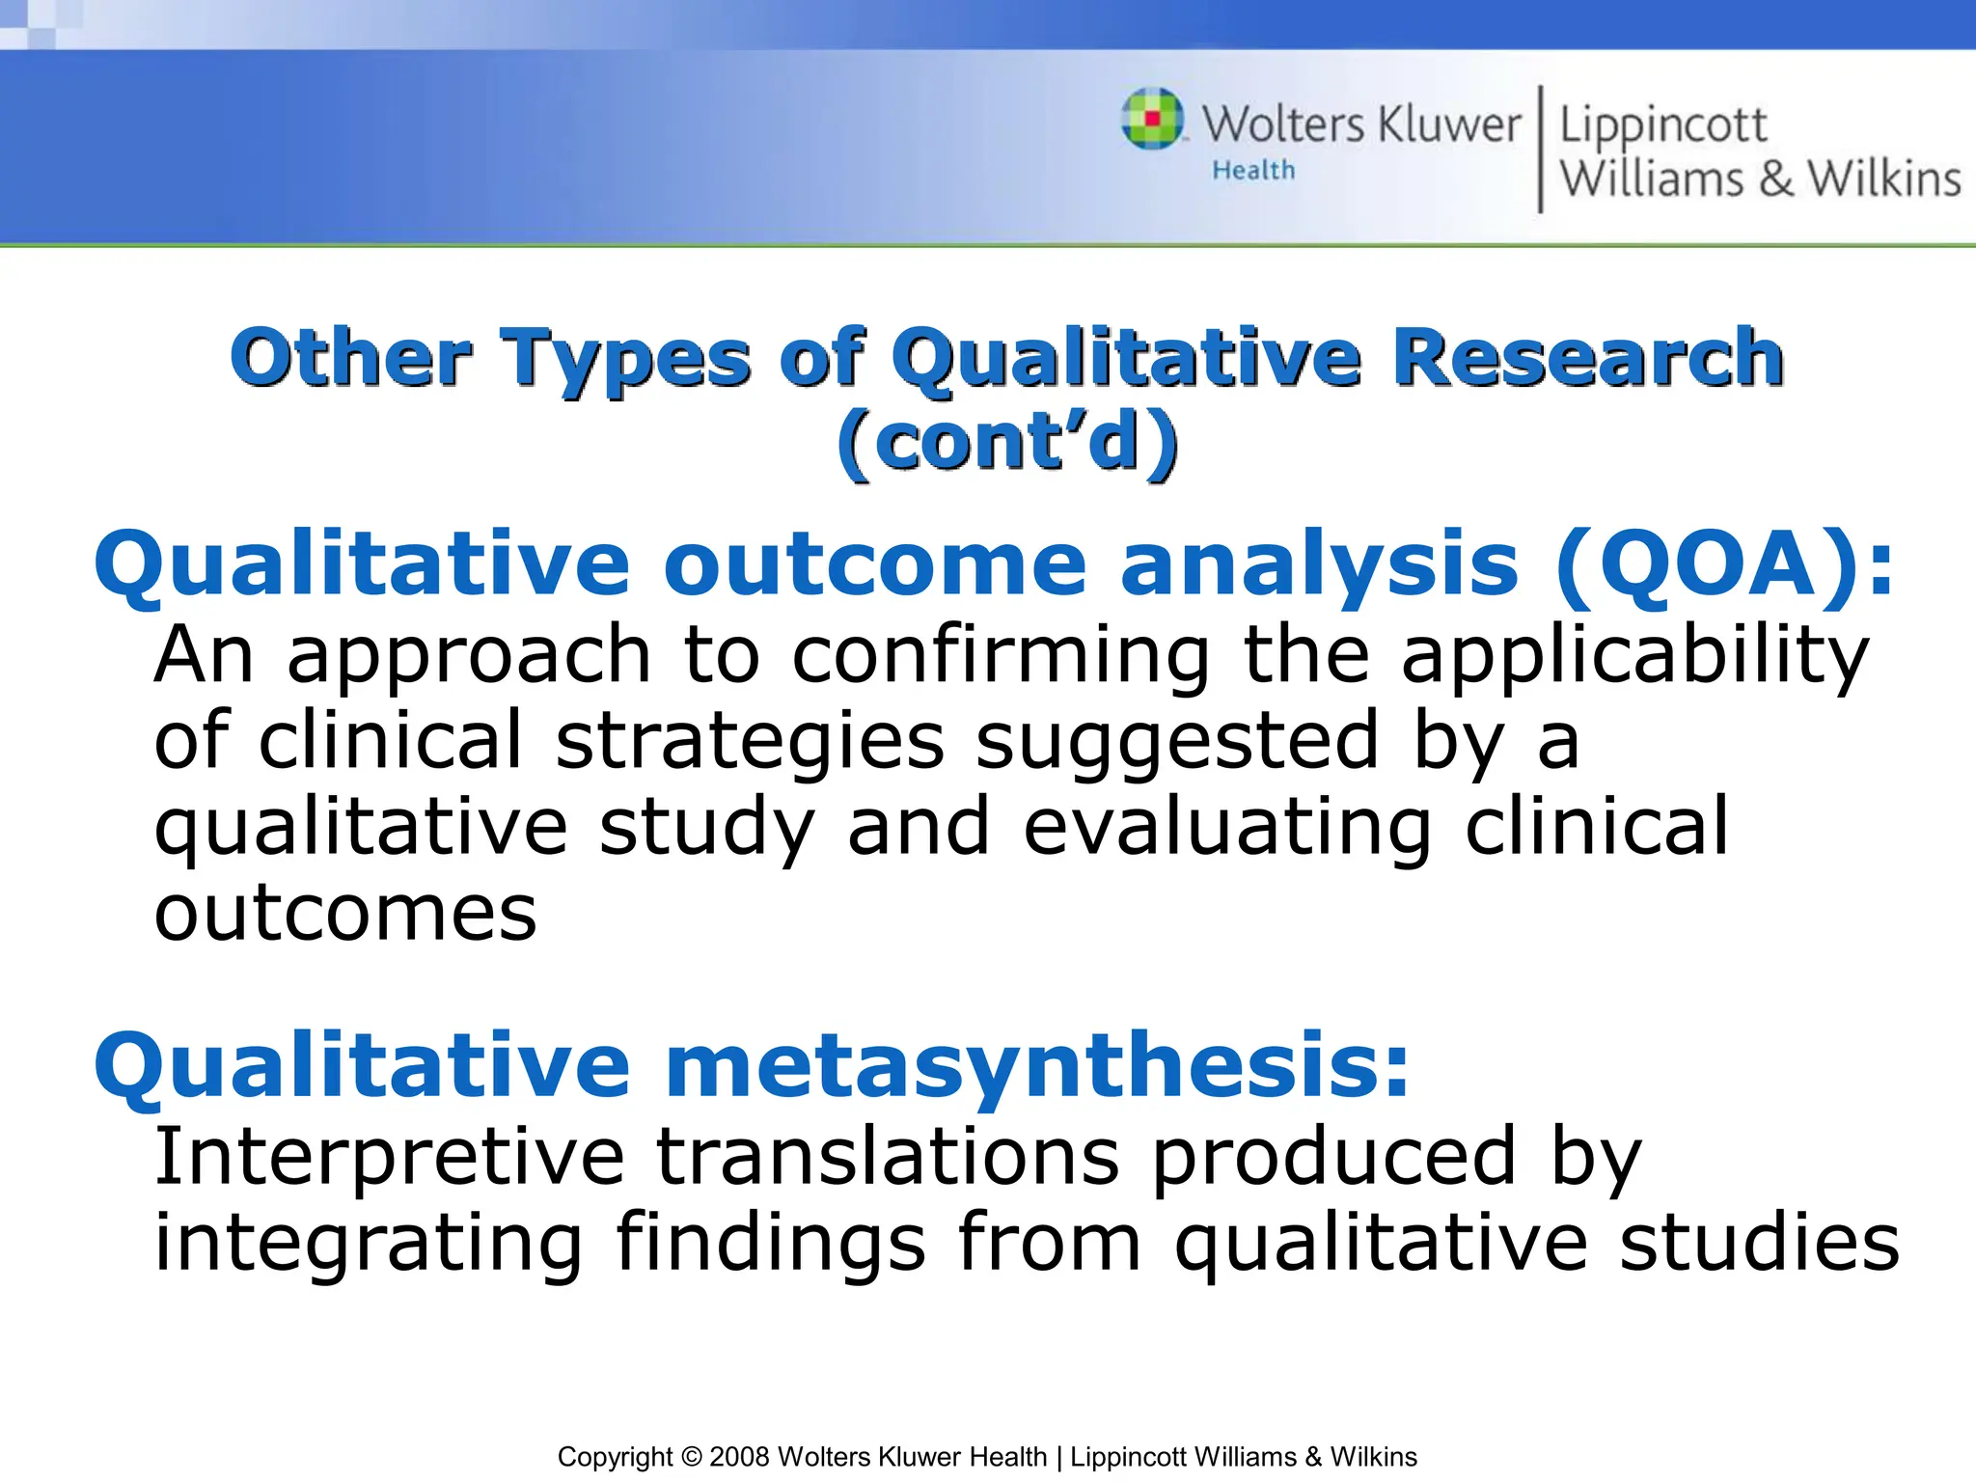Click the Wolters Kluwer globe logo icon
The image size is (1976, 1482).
tap(1152, 119)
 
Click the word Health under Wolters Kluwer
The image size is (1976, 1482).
tap(1253, 171)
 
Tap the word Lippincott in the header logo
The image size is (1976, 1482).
tap(1662, 125)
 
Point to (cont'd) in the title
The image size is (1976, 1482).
tap(1007, 442)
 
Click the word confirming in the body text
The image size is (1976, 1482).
tap(1001, 655)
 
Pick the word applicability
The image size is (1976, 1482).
tap(1635, 655)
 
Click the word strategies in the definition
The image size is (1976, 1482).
tap(750, 740)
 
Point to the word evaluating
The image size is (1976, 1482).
tap(1226, 827)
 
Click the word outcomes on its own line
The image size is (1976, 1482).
tap(345, 913)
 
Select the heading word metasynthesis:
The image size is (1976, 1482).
tap(1037, 1065)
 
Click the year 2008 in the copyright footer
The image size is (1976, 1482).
tap(739, 1457)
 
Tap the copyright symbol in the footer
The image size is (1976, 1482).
tap(691, 1457)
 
